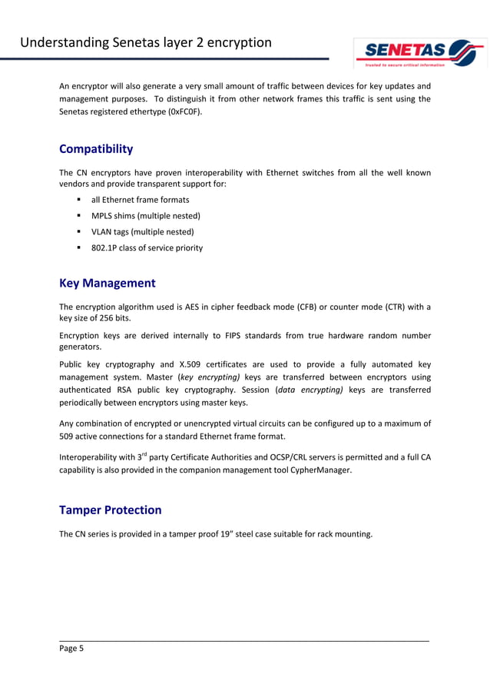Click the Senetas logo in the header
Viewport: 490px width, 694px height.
coord(419,53)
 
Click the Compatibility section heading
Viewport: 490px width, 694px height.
coord(96,149)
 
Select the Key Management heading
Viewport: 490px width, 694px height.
coord(107,283)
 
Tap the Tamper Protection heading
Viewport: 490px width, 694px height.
coord(110,510)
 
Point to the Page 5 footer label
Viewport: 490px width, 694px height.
coord(71,649)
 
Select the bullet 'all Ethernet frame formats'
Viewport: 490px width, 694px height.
coord(140,200)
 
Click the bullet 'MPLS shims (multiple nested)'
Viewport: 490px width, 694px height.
coord(145,216)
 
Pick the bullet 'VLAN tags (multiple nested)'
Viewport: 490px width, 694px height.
coord(142,231)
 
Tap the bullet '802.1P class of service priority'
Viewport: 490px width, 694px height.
coord(147,247)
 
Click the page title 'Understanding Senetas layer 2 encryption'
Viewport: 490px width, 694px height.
coord(146,42)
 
